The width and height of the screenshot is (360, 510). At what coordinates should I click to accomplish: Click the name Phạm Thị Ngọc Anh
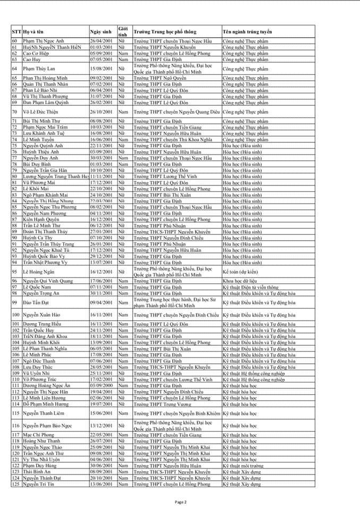click(45, 41)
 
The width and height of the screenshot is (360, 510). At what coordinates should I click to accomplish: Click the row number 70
click(15, 112)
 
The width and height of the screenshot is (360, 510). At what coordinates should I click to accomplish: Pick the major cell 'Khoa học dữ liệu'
click(240, 280)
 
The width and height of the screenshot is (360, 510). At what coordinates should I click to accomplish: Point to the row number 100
click(16, 315)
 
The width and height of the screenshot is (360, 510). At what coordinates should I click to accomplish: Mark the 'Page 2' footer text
click(180, 501)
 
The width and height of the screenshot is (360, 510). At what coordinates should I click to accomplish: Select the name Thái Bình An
click(37, 471)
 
